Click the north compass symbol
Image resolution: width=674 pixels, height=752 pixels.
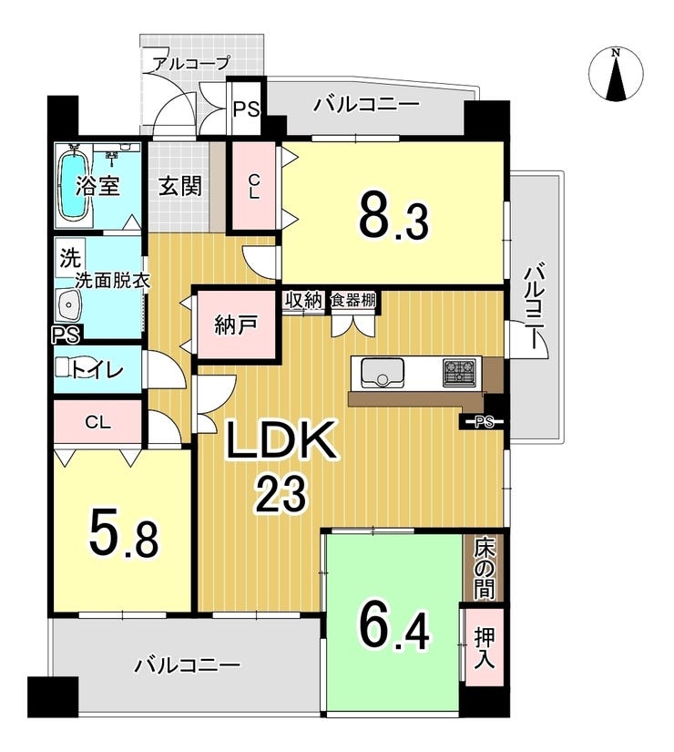coord(617,76)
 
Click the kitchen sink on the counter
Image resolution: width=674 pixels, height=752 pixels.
coord(383,372)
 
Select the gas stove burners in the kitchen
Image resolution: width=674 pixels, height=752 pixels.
coord(459,372)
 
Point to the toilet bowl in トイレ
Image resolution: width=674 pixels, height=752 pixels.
coord(77,367)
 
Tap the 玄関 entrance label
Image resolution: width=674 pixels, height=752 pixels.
coord(179,187)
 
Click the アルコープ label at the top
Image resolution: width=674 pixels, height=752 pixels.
coord(190,63)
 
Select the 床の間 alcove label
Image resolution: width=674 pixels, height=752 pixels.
coord(484,567)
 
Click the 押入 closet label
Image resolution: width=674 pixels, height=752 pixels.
coord(484,646)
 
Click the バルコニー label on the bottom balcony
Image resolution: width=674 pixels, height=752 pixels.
coord(188,665)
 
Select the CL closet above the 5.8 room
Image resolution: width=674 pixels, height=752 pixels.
coord(97,422)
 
